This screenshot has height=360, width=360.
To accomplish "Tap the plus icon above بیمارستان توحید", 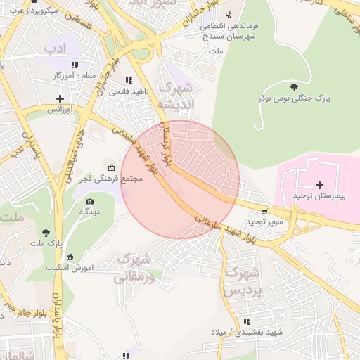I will [320, 184].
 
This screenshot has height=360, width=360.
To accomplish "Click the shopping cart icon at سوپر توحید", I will [264, 210].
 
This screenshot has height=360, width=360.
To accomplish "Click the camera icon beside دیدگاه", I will [89, 201].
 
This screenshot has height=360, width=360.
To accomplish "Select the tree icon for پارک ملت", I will [46, 233].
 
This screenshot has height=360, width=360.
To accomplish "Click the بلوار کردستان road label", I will [167, 142].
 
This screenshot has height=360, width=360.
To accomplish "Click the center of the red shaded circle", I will [180, 179].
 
